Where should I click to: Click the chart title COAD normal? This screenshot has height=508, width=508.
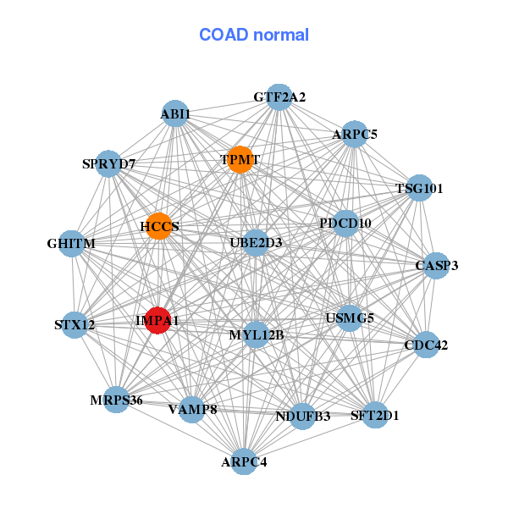tap(254, 35)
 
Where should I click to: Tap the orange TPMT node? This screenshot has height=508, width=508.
tap(240, 159)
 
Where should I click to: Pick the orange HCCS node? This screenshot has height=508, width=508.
tap(159, 226)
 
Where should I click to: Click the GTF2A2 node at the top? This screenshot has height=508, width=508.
tap(280, 97)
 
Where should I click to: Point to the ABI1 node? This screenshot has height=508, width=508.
tap(175, 113)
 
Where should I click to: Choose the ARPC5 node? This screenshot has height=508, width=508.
tap(355, 134)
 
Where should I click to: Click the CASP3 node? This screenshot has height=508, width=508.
tap(437, 265)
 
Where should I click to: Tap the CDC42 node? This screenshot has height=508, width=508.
tap(426, 345)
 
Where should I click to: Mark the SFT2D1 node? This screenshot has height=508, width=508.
tap(375, 415)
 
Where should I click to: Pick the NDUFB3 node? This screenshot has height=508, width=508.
tap(303, 416)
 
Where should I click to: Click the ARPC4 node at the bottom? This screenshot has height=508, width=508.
tap(244, 461)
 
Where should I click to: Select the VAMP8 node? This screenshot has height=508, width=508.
tap(192, 409)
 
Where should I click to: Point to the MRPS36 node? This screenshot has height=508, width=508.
tap(117, 400)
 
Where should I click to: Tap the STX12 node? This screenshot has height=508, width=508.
tap(75, 324)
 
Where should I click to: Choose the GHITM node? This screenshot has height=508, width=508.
tap(72, 244)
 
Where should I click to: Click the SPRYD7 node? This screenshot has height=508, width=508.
tap(108, 163)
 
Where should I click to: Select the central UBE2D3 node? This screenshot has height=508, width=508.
tap(256, 243)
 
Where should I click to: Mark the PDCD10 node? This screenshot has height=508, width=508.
tap(345, 224)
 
